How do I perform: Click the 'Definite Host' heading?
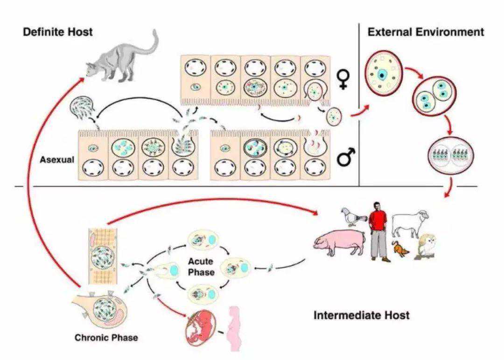[58, 32]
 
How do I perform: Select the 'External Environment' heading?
[426, 32]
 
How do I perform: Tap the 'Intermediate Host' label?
[362, 315]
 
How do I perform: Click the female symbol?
[343, 80]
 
